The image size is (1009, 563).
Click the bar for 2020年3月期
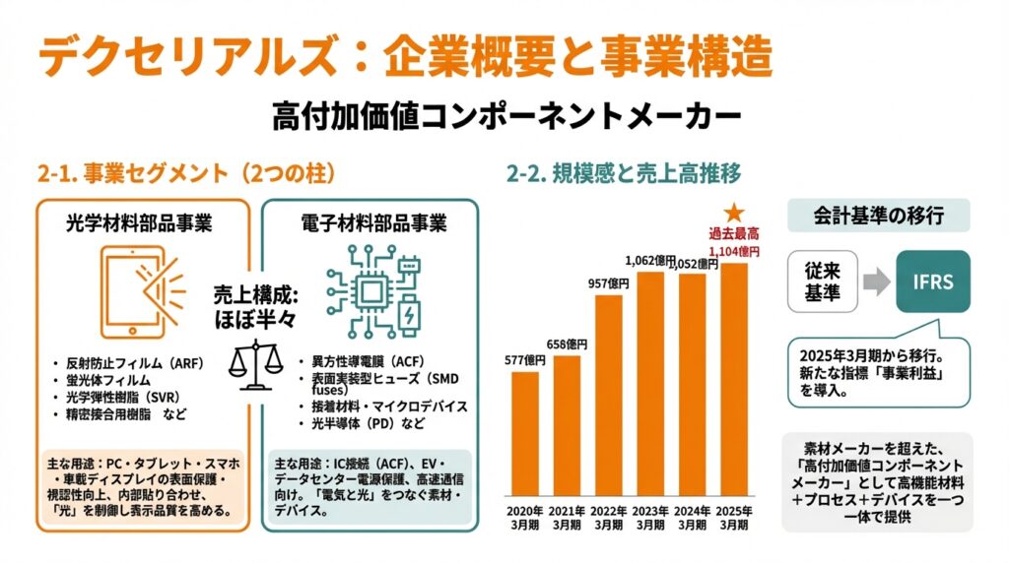[x=525, y=433]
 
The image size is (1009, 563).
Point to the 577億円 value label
[x=525, y=361]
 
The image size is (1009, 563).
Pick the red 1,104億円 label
[x=734, y=252]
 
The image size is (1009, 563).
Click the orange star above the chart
[x=733, y=212]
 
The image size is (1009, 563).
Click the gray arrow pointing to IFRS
[x=875, y=282]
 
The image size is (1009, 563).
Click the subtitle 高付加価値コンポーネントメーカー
[x=504, y=115]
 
